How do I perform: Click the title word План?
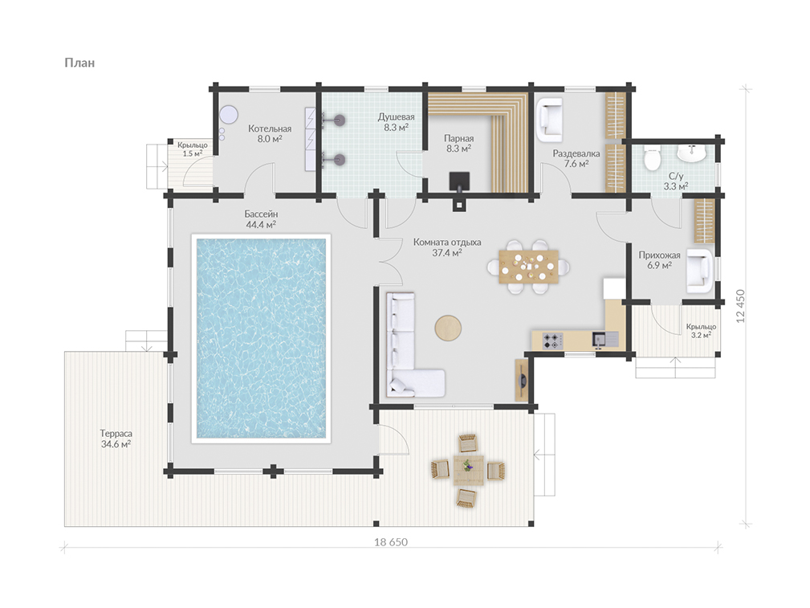pyautogui.click(x=79, y=63)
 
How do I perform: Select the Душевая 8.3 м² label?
pyautogui.click(x=397, y=122)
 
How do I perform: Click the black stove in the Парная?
pyautogui.click(x=459, y=182)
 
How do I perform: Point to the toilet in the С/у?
pyautogui.click(x=653, y=157)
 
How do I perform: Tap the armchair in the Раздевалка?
pyautogui.click(x=549, y=120)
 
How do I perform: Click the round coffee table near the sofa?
pyautogui.click(x=448, y=327)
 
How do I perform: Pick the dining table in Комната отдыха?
pyautogui.click(x=529, y=267)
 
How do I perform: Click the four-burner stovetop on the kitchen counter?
pyautogui.click(x=552, y=341)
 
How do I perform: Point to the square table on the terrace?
pyautogui.click(x=469, y=470)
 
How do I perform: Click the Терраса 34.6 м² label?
pyautogui.click(x=116, y=439)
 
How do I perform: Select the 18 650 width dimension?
pyautogui.click(x=390, y=542)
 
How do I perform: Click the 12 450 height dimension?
pyautogui.click(x=741, y=306)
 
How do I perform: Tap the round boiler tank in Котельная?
pyautogui.click(x=228, y=114)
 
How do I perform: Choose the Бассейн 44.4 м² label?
pyautogui.click(x=261, y=219)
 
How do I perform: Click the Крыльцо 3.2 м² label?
pyautogui.click(x=701, y=331)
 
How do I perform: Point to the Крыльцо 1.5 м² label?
pyautogui.click(x=192, y=149)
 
